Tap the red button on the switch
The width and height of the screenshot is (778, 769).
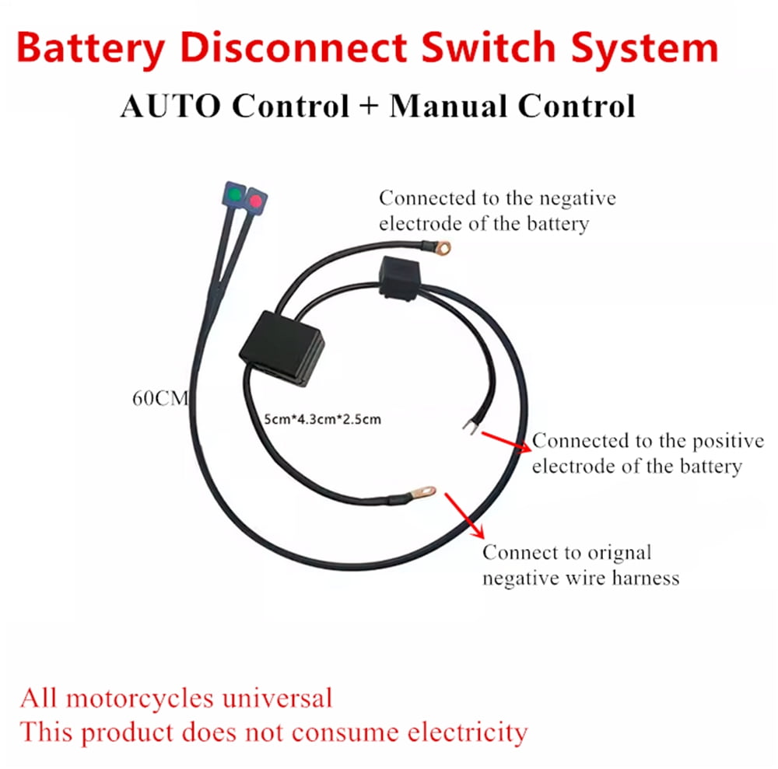tap(255, 201)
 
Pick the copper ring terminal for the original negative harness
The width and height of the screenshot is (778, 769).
tap(424, 491)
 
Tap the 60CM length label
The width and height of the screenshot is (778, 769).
tap(159, 400)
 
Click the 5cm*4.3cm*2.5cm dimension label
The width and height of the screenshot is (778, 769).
tap(323, 419)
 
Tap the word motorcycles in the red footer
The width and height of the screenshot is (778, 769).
tap(149, 697)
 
